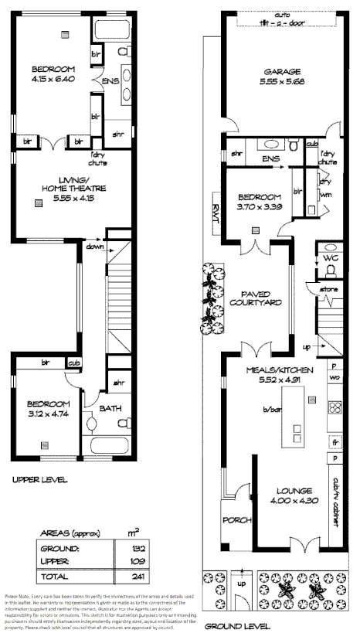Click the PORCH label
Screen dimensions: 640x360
233,519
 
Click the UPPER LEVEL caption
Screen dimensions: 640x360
40,479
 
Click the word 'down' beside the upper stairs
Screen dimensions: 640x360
94,247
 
